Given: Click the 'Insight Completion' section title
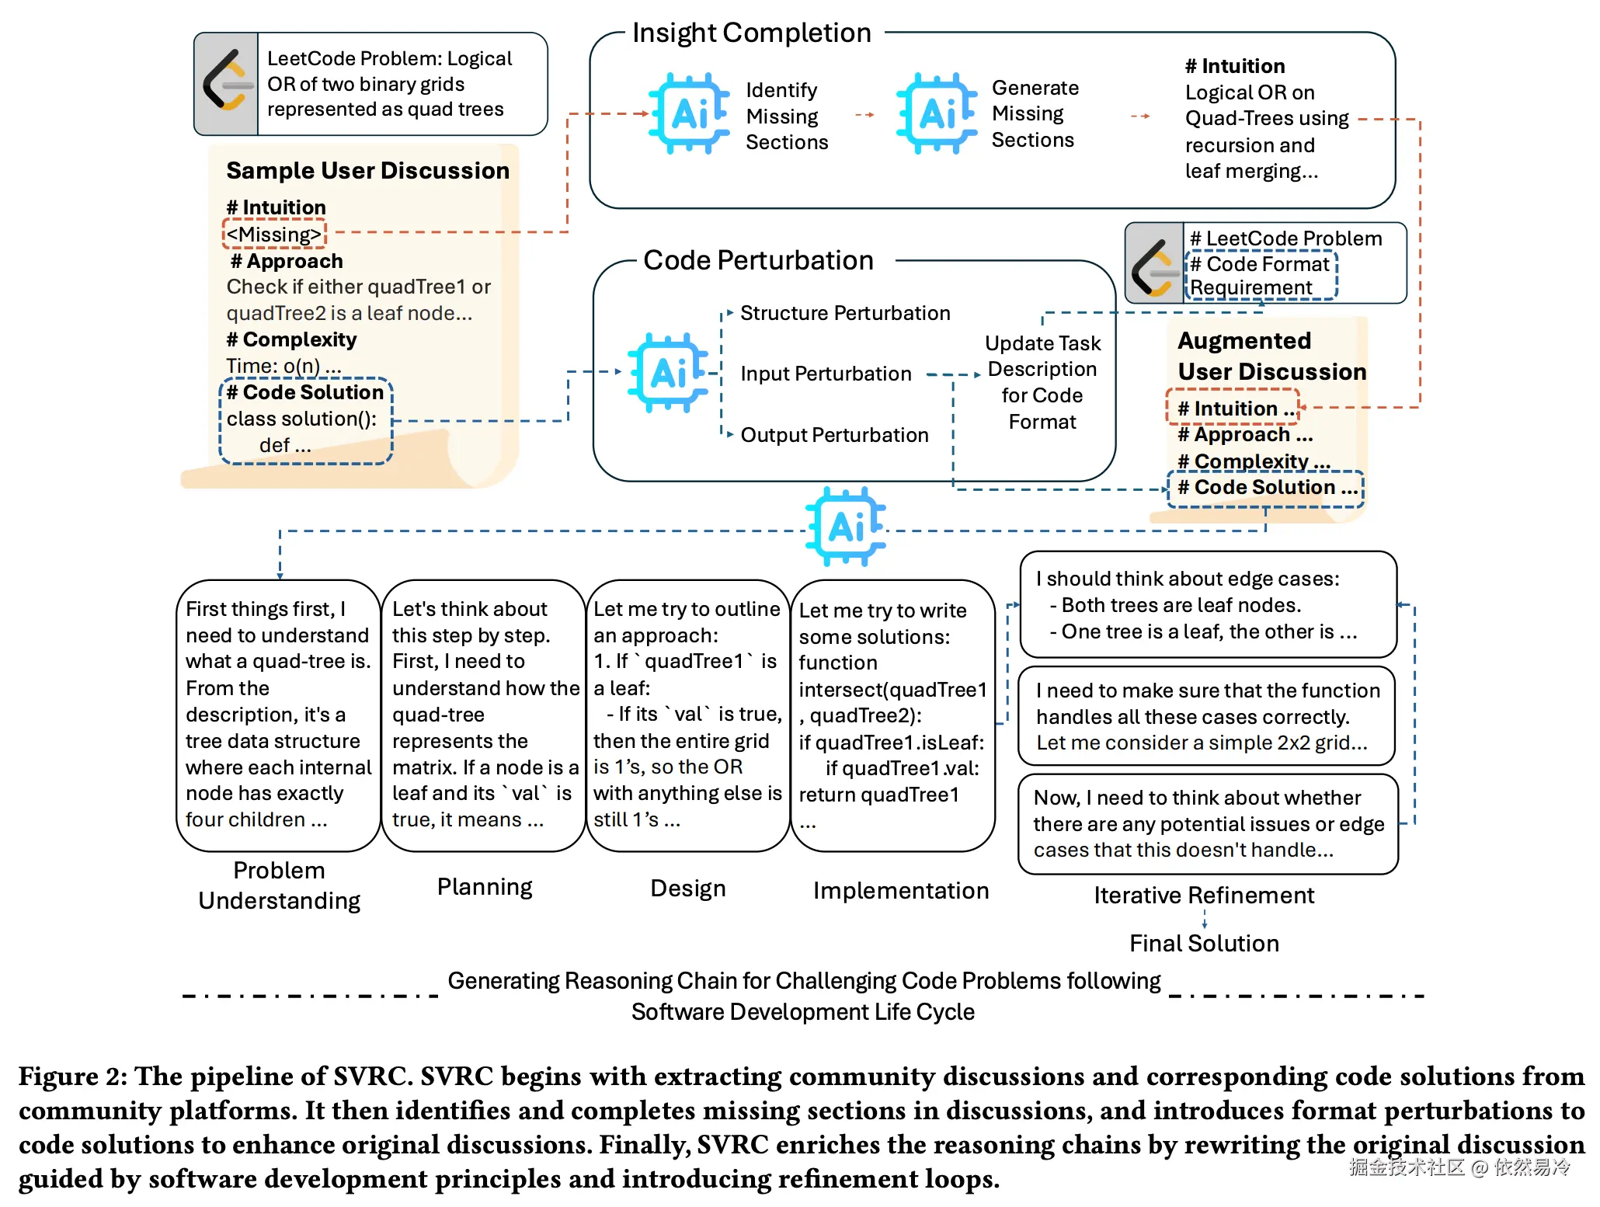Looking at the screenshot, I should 751,33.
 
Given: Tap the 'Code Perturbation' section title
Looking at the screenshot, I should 758,260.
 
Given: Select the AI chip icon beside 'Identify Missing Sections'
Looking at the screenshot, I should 689,113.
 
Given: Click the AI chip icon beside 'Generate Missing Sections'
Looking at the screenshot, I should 936,113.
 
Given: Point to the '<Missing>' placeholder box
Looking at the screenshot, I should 274,234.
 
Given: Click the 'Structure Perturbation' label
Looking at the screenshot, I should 844,313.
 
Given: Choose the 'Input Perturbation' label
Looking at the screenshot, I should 826,374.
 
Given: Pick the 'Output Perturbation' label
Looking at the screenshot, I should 834,435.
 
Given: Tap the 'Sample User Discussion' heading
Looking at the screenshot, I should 367,171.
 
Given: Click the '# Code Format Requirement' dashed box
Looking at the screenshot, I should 1261,276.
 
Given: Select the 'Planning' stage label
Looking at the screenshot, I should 485,887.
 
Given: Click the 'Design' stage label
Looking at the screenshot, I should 687,889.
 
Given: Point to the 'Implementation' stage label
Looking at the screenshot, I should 901,891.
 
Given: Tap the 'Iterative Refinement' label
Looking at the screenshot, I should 1204,896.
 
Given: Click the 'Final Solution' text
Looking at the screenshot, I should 1204,944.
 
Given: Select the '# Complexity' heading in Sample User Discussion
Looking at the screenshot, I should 291,339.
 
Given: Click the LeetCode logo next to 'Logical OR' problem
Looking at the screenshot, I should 226,83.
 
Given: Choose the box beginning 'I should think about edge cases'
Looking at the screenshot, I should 1208,605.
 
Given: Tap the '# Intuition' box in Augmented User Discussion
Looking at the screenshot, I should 1233,408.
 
